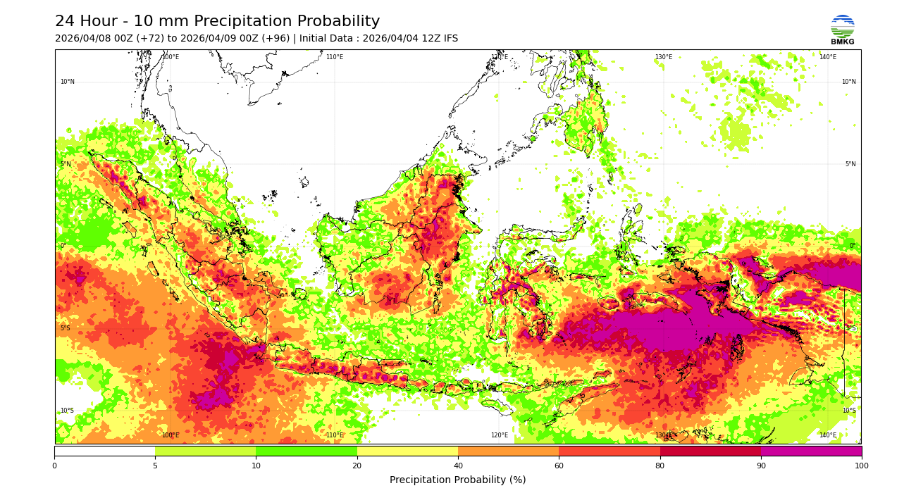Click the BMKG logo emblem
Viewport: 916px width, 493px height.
pyautogui.click(x=842, y=27)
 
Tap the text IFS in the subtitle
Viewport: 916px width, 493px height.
pyautogui.click(x=449, y=39)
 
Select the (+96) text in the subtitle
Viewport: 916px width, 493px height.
pyautogui.click(x=274, y=39)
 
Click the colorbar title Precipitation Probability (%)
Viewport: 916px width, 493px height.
pyautogui.click(x=457, y=480)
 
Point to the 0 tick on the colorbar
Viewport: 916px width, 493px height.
pyautogui.click(x=54, y=466)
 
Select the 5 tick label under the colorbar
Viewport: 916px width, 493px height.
pyautogui.click(x=155, y=466)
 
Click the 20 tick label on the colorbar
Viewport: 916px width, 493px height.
pyautogui.click(x=357, y=466)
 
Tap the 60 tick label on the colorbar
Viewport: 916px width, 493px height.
pyautogui.click(x=559, y=466)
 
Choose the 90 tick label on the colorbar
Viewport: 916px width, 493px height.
pyautogui.click(x=761, y=466)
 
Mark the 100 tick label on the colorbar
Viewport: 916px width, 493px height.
pyautogui.click(x=861, y=466)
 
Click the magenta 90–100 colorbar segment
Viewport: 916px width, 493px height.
pyautogui.click(x=811, y=451)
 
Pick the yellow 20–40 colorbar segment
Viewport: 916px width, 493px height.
pyautogui.click(x=407, y=451)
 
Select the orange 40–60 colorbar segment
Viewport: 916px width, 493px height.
pyautogui.click(x=508, y=451)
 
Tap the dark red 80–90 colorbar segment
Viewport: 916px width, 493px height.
pyautogui.click(x=710, y=451)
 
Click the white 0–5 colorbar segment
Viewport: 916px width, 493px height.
pyautogui.click(x=105, y=451)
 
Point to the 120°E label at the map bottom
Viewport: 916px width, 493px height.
pyautogui.click(x=499, y=435)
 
